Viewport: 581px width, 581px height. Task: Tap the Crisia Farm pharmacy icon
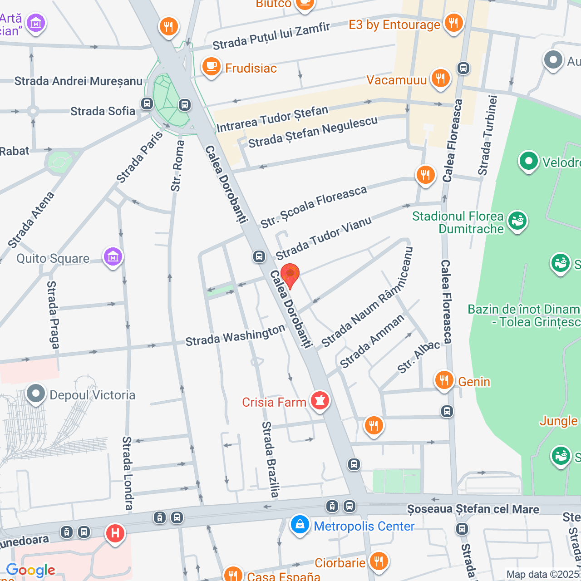[x=320, y=400]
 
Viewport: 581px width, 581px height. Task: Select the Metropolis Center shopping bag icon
[x=300, y=525]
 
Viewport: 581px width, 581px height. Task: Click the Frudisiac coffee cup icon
[x=211, y=67]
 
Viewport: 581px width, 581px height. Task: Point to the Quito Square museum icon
[x=113, y=257]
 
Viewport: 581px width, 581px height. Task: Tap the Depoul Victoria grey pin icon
[x=36, y=394]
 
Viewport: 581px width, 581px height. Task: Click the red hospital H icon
[x=115, y=532]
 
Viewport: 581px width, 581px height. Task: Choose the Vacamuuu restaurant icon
[x=440, y=78]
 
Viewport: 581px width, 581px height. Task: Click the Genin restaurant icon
[x=444, y=380]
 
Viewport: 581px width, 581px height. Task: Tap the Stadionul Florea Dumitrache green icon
[x=517, y=221]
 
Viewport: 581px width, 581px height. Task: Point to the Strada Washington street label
[x=235, y=336]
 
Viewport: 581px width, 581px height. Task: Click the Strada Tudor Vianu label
[x=324, y=238]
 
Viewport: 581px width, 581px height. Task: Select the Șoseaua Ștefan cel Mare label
[x=473, y=509]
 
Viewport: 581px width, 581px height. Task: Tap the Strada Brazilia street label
[x=271, y=459]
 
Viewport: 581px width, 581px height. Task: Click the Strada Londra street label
[x=128, y=473]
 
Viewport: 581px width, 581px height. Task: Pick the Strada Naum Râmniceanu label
[x=367, y=297]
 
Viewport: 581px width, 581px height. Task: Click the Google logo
[x=30, y=570]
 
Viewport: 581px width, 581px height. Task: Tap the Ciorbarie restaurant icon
[x=378, y=561]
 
